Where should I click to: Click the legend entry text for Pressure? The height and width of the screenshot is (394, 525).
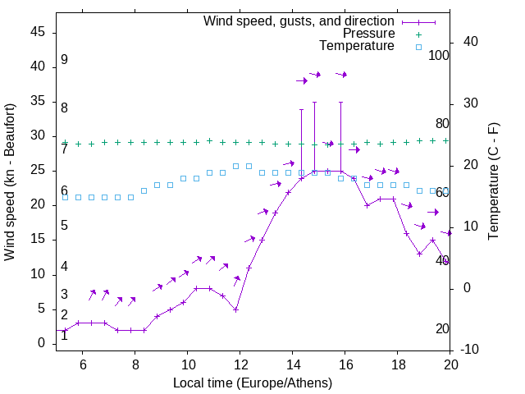(368, 34)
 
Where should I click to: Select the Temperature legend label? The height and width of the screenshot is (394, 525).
(357, 46)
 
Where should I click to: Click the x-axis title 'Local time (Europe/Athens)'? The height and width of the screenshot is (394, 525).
(253, 383)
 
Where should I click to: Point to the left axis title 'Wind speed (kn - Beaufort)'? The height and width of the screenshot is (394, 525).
(10, 182)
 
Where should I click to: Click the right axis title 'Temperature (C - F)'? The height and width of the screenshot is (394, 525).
(493, 182)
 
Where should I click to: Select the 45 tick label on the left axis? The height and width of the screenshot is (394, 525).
(38, 32)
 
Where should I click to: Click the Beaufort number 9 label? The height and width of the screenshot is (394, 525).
(64, 60)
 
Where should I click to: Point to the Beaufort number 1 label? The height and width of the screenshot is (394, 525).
(64, 335)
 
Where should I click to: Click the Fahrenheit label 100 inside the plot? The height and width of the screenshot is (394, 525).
(439, 55)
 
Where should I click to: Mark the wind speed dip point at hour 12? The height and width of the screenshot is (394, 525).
(235, 309)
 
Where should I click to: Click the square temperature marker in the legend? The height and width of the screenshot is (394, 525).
(418, 47)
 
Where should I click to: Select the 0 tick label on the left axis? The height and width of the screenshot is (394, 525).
(41, 343)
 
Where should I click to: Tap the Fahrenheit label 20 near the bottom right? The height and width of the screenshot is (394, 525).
(442, 328)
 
